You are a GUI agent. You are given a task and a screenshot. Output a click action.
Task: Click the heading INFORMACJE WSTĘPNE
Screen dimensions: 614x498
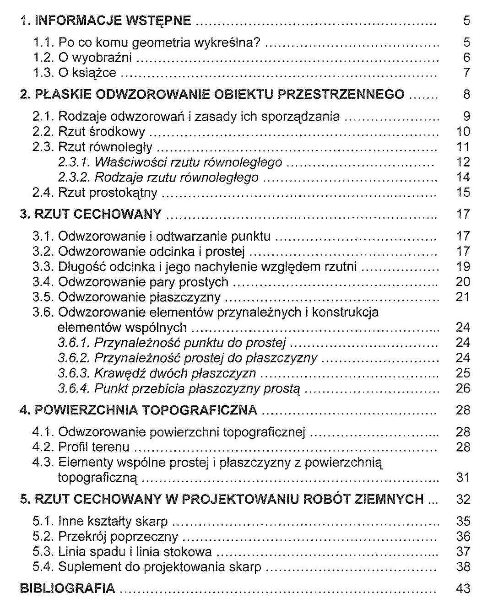click(113, 21)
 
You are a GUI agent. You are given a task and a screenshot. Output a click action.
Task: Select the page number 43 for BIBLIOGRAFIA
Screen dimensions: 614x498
click(463, 588)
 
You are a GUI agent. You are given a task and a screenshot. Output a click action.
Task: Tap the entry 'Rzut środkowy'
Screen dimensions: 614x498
click(101, 132)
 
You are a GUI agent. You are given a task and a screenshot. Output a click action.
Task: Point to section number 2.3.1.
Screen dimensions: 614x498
click(74, 162)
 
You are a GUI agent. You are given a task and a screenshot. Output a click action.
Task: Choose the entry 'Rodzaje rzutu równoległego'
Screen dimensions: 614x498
click(176, 178)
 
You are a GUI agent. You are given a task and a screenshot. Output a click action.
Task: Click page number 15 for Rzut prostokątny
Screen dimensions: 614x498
click(463, 192)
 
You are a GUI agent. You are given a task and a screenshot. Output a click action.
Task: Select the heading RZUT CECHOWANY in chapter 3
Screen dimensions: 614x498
click(98, 214)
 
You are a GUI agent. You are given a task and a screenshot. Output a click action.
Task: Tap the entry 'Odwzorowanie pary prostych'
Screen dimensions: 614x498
click(143, 282)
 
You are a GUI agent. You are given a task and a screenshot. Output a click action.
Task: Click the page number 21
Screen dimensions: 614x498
click(463, 297)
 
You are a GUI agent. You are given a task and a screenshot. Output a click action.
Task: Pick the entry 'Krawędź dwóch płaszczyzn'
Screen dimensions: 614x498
click(175, 373)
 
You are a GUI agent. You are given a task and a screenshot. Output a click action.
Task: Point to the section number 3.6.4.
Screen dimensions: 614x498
click(74, 389)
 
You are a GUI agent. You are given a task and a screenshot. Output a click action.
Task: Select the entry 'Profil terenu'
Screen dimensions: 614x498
click(93, 447)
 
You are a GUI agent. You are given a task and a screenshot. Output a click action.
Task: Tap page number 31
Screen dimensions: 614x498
click(463, 478)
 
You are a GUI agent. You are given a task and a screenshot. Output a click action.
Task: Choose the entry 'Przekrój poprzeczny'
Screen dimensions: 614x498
click(118, 537)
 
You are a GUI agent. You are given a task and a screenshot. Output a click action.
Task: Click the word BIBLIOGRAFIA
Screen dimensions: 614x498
click(67, 588)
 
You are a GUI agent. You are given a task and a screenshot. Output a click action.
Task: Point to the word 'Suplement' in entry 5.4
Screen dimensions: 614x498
click(88, 567)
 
